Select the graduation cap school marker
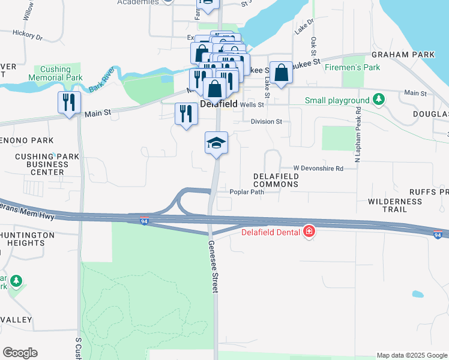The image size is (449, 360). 216,143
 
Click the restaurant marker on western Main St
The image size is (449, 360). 70,103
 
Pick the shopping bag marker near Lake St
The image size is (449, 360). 281,73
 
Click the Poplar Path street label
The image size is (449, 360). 247,192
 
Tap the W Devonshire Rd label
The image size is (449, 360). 318,169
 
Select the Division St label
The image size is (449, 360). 266,121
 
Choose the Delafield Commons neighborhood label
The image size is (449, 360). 276,180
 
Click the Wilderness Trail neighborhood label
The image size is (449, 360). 387,205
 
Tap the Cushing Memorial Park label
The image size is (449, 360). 55,74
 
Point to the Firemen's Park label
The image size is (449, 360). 352,67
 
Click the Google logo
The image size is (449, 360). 20,353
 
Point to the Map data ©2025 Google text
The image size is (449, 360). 411,355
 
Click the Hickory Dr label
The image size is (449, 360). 31,37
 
